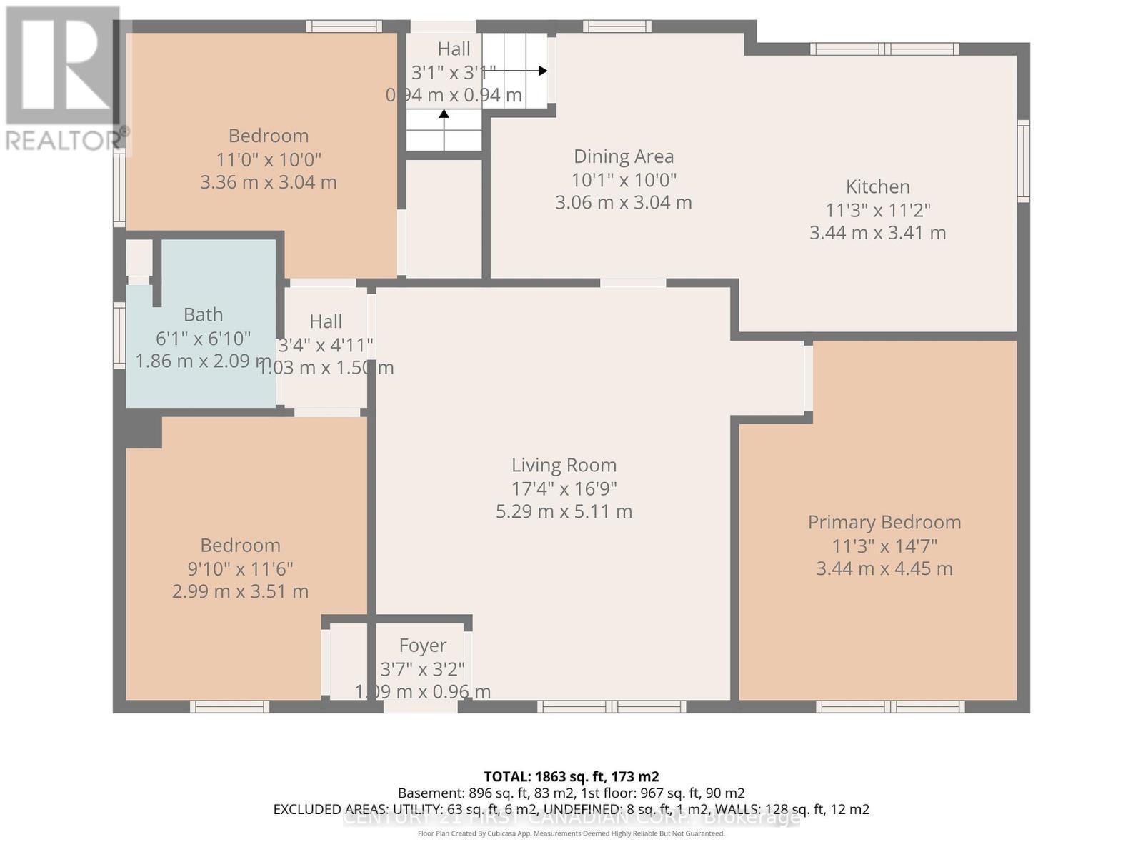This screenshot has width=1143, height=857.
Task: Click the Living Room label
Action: [564, 465]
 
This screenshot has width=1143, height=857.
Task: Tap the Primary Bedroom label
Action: [884, 522]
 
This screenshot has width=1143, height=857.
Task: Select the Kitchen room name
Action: [877, 186]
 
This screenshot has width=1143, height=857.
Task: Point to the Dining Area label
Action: [624, 156]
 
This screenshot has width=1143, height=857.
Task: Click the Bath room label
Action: [203, 314]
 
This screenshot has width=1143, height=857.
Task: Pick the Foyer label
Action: [422, 646]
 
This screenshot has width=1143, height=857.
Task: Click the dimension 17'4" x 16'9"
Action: [564, 488]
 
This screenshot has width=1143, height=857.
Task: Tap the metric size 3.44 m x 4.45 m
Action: [884, 569]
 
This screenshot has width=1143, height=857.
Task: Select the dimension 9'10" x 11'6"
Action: [240, 569]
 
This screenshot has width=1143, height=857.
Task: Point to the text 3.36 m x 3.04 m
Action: [268, 182]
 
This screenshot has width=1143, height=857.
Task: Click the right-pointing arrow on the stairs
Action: [542, 71]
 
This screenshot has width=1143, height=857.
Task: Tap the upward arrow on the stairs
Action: [444, 114]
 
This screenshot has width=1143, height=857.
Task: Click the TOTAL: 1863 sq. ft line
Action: [571, 776]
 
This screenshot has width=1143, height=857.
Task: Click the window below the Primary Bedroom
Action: [890, 706]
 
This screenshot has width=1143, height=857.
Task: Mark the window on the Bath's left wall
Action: [119, 336]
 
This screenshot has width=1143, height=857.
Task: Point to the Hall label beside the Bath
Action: [326, 321]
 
